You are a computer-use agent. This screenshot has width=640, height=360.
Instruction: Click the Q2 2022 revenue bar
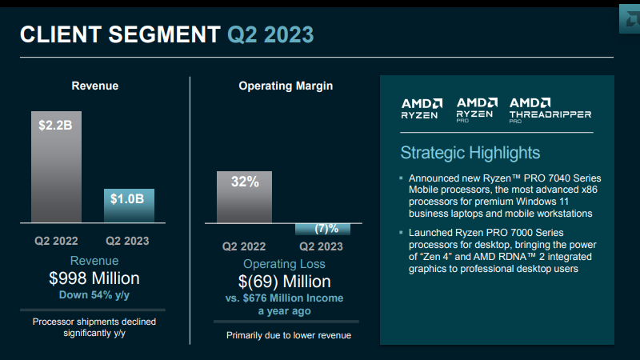(x=56, y=168)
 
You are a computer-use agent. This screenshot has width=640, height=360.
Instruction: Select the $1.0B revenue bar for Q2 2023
(x=130, y=206)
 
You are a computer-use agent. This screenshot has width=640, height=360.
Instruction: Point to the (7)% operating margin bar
(x=322, y=229)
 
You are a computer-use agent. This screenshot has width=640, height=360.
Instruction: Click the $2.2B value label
(x=55, y=126)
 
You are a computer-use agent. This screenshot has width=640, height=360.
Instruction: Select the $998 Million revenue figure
(x=94, y=278)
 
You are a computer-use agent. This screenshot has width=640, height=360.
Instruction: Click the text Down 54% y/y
(x=94, y=294)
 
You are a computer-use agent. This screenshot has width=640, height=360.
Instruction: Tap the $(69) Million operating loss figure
(x=284, y=281)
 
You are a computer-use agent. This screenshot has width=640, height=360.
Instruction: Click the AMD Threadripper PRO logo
(x=550, y=109)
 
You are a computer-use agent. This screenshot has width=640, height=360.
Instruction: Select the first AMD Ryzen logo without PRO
(x=421, y=108)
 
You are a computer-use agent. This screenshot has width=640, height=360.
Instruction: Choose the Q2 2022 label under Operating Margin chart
(x=244, y=246)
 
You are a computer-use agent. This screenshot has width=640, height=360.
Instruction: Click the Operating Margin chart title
(x=286, y=86)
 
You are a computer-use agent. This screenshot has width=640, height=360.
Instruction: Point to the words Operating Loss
(x=284, y=263)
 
